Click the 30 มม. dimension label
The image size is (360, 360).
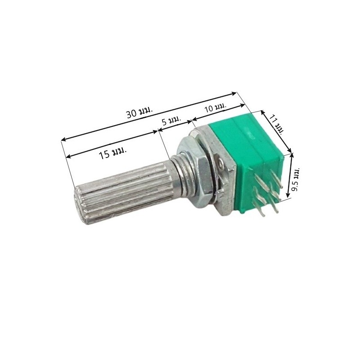(x=139, y=112)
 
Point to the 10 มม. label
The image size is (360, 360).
(x=215, y=108)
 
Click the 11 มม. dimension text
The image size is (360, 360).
(x=275, y=123)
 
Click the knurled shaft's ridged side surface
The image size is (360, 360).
(x=130, y=184)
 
